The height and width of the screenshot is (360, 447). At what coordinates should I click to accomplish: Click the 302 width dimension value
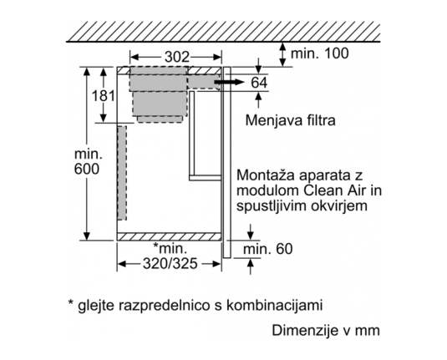(x=177, y=58)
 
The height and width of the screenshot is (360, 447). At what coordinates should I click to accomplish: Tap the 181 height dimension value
(x=104, y=96)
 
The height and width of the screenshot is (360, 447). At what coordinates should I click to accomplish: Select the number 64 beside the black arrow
(x=259, y=83)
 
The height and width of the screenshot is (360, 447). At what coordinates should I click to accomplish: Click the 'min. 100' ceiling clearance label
(x=319, y=53)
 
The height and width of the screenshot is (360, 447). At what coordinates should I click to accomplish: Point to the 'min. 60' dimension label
(x=267, y=249)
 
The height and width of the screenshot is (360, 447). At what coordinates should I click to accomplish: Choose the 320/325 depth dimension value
(x=170, y=264)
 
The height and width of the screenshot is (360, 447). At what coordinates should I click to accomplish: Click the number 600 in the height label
(x=87, y=169)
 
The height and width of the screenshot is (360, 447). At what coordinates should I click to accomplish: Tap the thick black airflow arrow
(x=230, y=83)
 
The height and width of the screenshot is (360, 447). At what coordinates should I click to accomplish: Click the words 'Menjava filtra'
(x=290, y=120)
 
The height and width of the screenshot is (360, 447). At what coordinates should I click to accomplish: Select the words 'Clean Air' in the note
(x=334, y=190)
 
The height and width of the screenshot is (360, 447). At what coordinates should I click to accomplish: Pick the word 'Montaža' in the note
(x=265, y=175)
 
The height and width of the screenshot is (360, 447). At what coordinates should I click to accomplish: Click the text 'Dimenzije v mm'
(x=326, y=331)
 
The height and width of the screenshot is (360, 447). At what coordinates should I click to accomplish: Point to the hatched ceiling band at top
(x=223, y=31)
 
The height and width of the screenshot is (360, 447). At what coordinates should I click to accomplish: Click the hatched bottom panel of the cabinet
(x=169, y=237)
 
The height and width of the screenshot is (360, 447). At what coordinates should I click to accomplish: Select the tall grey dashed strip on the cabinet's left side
(x=122, y=173)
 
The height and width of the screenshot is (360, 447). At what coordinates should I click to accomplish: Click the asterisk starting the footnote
(x=71, y=302)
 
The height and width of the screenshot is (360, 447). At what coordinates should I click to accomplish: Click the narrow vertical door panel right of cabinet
(x=227, y=163)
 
